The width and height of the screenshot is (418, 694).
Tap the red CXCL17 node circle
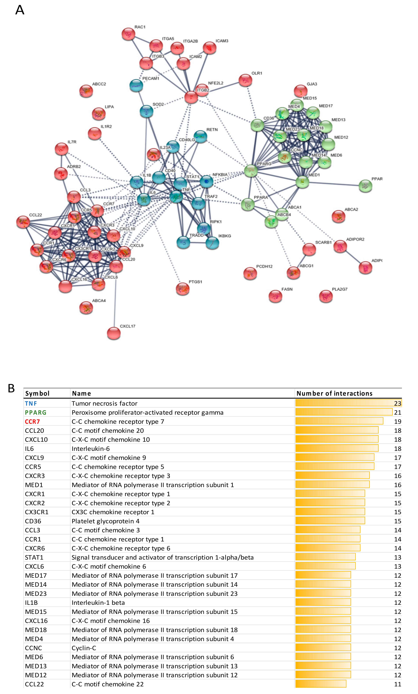[114, 333]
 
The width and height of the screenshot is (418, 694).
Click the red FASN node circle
[275, 296]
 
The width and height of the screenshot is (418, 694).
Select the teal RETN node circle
[200, 137]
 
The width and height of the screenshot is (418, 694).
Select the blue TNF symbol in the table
[31, 403]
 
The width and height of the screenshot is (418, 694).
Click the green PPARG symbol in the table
[36, 412]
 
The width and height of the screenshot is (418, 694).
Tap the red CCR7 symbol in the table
[32, 421]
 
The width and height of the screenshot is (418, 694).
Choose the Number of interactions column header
[334, 393]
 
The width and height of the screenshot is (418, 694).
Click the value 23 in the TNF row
[397, 403]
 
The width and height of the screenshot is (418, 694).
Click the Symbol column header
[37, 393]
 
